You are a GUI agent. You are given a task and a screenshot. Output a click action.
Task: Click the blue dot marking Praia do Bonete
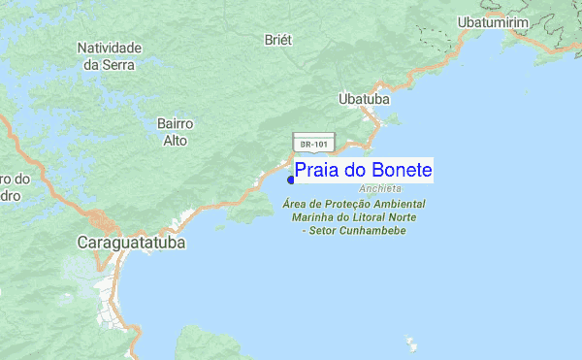[291, 179]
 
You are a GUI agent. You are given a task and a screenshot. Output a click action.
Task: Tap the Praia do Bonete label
[363, 171]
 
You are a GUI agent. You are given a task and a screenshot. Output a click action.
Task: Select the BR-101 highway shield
[313, 144]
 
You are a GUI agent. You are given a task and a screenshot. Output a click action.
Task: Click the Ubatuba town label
[364, 99]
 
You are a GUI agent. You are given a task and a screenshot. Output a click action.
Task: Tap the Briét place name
[278, 40]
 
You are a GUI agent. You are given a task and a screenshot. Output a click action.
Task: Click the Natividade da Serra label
[110, 55]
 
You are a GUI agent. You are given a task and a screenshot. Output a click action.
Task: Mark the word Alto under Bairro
[176, 141]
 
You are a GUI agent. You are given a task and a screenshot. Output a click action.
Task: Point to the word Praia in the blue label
[318, 171]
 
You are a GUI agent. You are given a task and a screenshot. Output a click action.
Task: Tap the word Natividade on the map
[110, 48]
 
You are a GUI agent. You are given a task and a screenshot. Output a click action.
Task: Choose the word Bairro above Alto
[176, 124]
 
